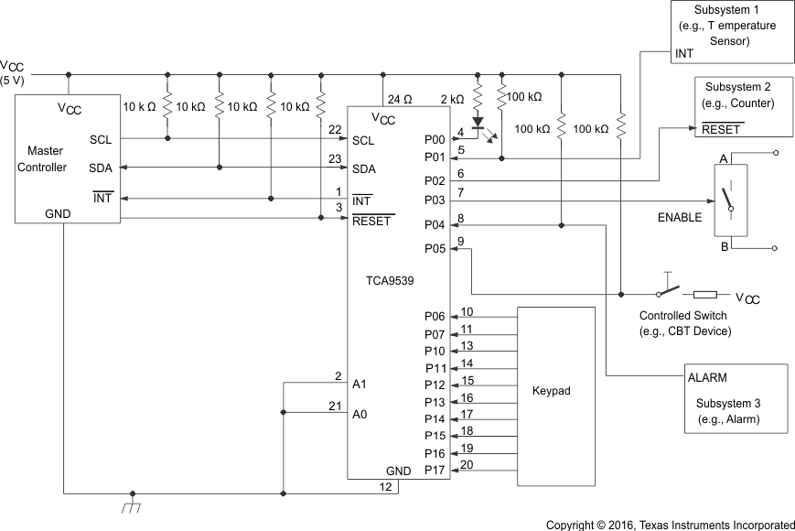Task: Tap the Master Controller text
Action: (x=47, y=158)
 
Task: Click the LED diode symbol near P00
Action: (x=477, y=121)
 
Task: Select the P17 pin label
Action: (x=435, y=471)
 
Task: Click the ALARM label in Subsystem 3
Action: (x=707, y=377)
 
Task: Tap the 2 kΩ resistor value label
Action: (x=453, y=98)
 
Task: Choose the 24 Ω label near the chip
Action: (x=401, y=98)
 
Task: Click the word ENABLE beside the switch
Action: (x=680, y=218)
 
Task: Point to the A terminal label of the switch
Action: (x=723, y=157)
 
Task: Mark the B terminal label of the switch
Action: (x=723, y=246)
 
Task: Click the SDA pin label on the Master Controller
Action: (x=101, y=168)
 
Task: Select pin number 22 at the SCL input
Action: (x=335, y=129)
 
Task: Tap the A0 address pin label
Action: (x=360, y=414)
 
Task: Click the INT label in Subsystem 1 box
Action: (x=684, y=54)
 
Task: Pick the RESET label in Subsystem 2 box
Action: (x=721, y=129)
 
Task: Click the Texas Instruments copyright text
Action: (x=670, y=525)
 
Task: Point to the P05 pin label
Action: (x=435, y=248)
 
